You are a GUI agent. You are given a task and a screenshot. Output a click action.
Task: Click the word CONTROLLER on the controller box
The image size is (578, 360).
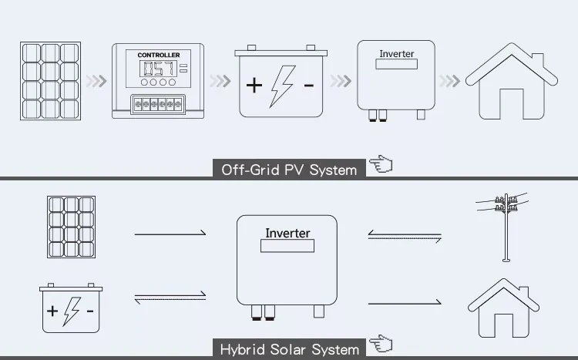[x=158, y=56]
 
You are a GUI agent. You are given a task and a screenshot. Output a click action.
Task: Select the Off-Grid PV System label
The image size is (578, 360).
[x=289, y=170]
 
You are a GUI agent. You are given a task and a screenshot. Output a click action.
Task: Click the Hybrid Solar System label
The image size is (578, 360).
[x=289, y=349]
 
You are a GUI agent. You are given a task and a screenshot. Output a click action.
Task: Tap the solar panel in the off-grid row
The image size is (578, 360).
[x=51, y=81]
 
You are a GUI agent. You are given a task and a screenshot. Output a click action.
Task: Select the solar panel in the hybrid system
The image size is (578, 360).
[x=71, y=226]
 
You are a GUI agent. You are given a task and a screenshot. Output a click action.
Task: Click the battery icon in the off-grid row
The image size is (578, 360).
[x=280, y=82]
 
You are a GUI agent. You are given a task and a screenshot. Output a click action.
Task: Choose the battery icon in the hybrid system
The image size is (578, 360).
[x=71, y=309]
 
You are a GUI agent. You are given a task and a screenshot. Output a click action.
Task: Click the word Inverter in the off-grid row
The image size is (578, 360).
[x=396, y=55]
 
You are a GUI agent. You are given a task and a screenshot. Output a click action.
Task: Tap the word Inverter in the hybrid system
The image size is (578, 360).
[x=287, y=234]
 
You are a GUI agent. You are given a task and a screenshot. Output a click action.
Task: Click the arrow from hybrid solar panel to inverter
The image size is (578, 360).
[x=170, y=232]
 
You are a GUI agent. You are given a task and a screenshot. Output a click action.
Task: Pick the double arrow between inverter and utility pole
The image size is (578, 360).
[x=405, y=236]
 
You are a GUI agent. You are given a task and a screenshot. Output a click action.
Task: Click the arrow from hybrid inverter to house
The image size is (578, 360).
[x=405, y=303]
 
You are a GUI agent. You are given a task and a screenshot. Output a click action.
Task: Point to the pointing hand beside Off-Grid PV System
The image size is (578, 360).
[x=381, y=165]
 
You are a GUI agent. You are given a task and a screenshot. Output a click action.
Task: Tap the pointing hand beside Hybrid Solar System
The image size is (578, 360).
[x=381, y=345]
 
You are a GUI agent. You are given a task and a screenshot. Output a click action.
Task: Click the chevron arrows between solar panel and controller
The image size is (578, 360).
[x=95, y=81]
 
